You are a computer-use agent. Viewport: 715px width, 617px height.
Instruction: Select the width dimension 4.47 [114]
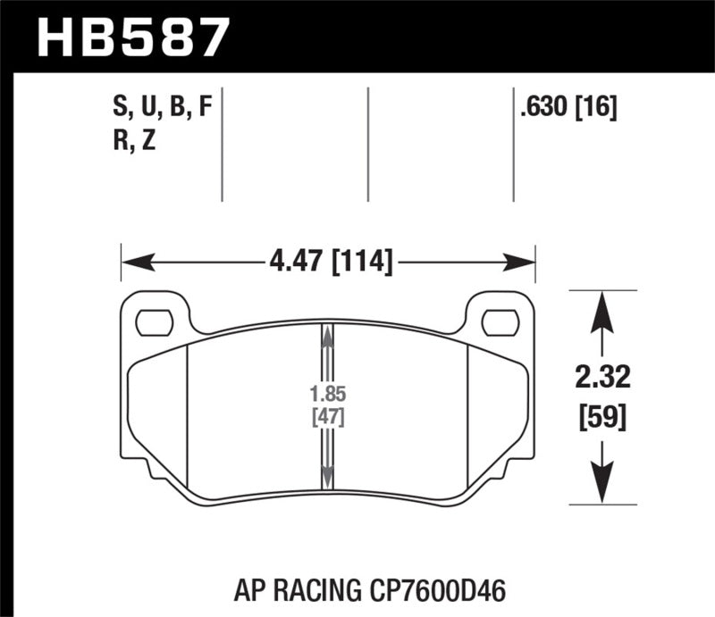[330, 262]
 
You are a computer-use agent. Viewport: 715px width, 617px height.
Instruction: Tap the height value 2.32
[605, 379]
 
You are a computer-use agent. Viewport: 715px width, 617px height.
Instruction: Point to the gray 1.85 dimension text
[328, 393]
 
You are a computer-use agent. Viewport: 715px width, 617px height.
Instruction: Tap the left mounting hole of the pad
[157, 319]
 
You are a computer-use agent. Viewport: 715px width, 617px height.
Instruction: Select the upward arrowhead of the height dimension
[605, 309]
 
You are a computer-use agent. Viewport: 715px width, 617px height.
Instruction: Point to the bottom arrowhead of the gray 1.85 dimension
[328, 479]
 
